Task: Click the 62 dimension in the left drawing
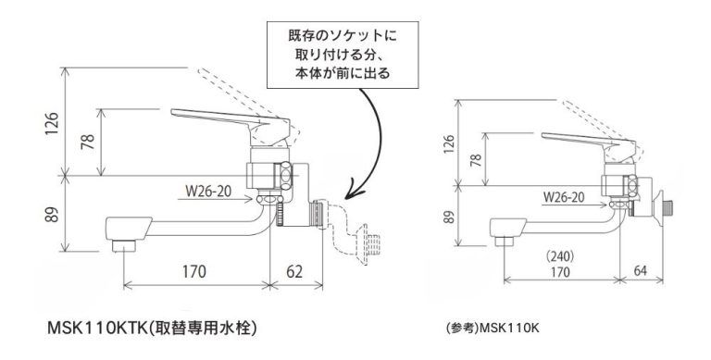point(294,272)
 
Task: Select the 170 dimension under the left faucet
point(193,272)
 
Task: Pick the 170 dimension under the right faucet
point(560,272)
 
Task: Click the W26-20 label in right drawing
point(563,197)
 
